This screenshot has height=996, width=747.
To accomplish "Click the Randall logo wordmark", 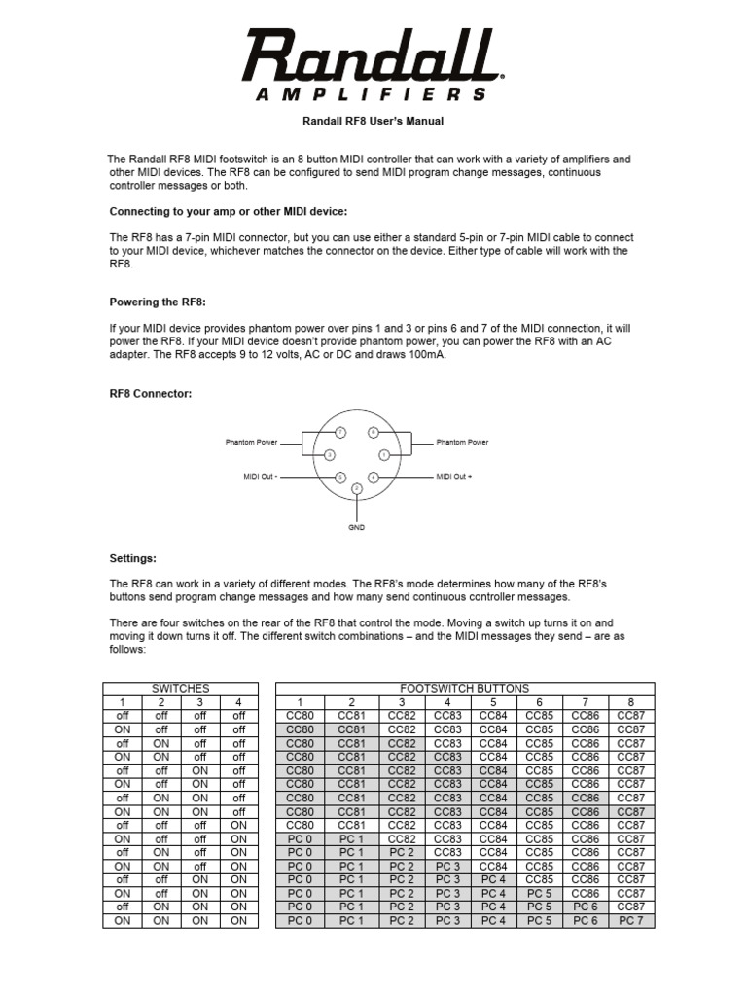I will [x=372, y=55].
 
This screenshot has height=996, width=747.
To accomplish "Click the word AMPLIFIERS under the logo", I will [x=371, y=94].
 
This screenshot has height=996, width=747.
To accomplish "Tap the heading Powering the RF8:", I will [x=158, y=302].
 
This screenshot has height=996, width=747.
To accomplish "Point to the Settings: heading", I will [x=132, y=558].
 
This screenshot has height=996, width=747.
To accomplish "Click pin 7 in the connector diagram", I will [x=339, y=432].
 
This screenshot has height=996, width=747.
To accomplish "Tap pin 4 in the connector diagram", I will [x=373, y=477].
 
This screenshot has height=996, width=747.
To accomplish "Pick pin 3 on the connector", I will [x=330, y=454].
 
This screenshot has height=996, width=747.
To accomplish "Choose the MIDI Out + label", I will [x=454, y=477].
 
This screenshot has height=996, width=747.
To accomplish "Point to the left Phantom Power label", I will [x=252, y=442].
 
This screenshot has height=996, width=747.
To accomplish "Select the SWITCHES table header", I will [x=180, y=688].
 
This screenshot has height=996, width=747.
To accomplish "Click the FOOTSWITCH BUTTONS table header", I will [x=465, y=688].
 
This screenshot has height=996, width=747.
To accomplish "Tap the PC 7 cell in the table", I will [x=630, y=920].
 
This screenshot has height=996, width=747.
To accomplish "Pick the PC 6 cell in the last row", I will [x=585, y=920].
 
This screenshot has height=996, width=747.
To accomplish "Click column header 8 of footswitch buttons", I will [x=630, y=701].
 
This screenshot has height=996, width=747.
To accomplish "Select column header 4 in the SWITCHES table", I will [x=238, y=701].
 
